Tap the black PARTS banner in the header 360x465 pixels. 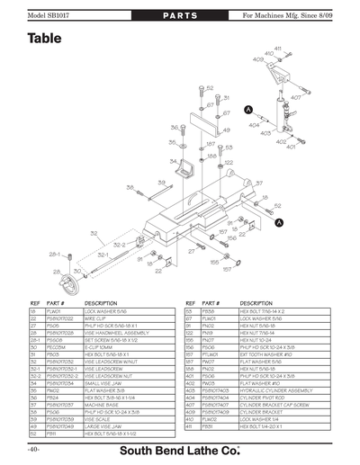pos(180,17)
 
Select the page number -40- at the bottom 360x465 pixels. pos(33,447)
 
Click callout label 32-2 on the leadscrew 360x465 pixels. pos(118,244)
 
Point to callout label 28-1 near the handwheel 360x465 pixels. pos(53,255)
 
